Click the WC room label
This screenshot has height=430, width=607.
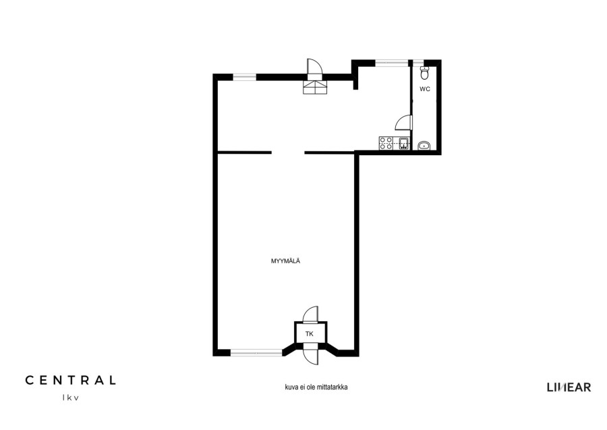[425, 89]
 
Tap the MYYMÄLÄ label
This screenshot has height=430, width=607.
[286, 261]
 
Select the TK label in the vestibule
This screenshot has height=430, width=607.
[310, 334]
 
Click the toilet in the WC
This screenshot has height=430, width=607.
[425, 73]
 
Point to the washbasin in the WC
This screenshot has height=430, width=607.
[424, 146]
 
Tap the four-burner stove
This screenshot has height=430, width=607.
[386, 143]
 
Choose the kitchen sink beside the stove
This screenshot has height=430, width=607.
[403, 143]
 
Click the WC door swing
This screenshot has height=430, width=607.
[404, 122]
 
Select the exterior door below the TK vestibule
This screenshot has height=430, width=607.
[311, 354]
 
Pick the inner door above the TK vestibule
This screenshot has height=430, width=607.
[310, 314]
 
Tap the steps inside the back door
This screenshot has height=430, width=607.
[315, 87]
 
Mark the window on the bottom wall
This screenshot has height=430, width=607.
[257, 352]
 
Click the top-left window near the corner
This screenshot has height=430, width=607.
[244, 77]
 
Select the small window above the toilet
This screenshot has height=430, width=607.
[417, 62]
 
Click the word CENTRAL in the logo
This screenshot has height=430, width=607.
[70, 380]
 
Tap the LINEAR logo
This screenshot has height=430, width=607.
[569, 387]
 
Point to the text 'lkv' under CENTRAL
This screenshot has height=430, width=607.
[70, 398]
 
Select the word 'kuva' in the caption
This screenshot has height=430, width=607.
[291, 387]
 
